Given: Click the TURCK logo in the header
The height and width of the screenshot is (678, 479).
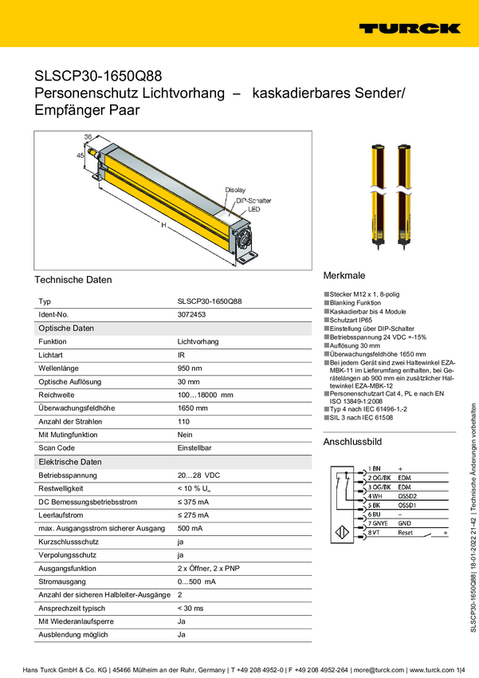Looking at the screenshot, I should pos(409,28).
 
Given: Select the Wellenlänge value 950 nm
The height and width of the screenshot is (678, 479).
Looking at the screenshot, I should pos(190,369).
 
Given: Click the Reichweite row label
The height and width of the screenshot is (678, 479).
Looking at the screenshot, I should pos(57,395).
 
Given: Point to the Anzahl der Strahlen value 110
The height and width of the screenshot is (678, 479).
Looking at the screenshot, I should pos(183,421).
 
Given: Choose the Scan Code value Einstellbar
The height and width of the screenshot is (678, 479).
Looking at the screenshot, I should pos(194,448).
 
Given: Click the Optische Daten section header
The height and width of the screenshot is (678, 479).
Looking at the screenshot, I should pos(66,329).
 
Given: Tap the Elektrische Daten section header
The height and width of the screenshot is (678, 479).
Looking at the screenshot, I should pos(70,462).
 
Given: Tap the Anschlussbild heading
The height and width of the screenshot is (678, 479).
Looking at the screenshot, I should pos(352,442).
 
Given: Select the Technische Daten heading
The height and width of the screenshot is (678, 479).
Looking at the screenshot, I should pos(73,280).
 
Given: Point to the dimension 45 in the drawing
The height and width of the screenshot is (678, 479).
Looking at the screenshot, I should pos(80,156).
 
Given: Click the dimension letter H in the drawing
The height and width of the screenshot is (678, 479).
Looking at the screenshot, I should pos(163,226).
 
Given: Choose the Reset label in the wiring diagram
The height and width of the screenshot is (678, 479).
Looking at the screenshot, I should pos(406,532).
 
